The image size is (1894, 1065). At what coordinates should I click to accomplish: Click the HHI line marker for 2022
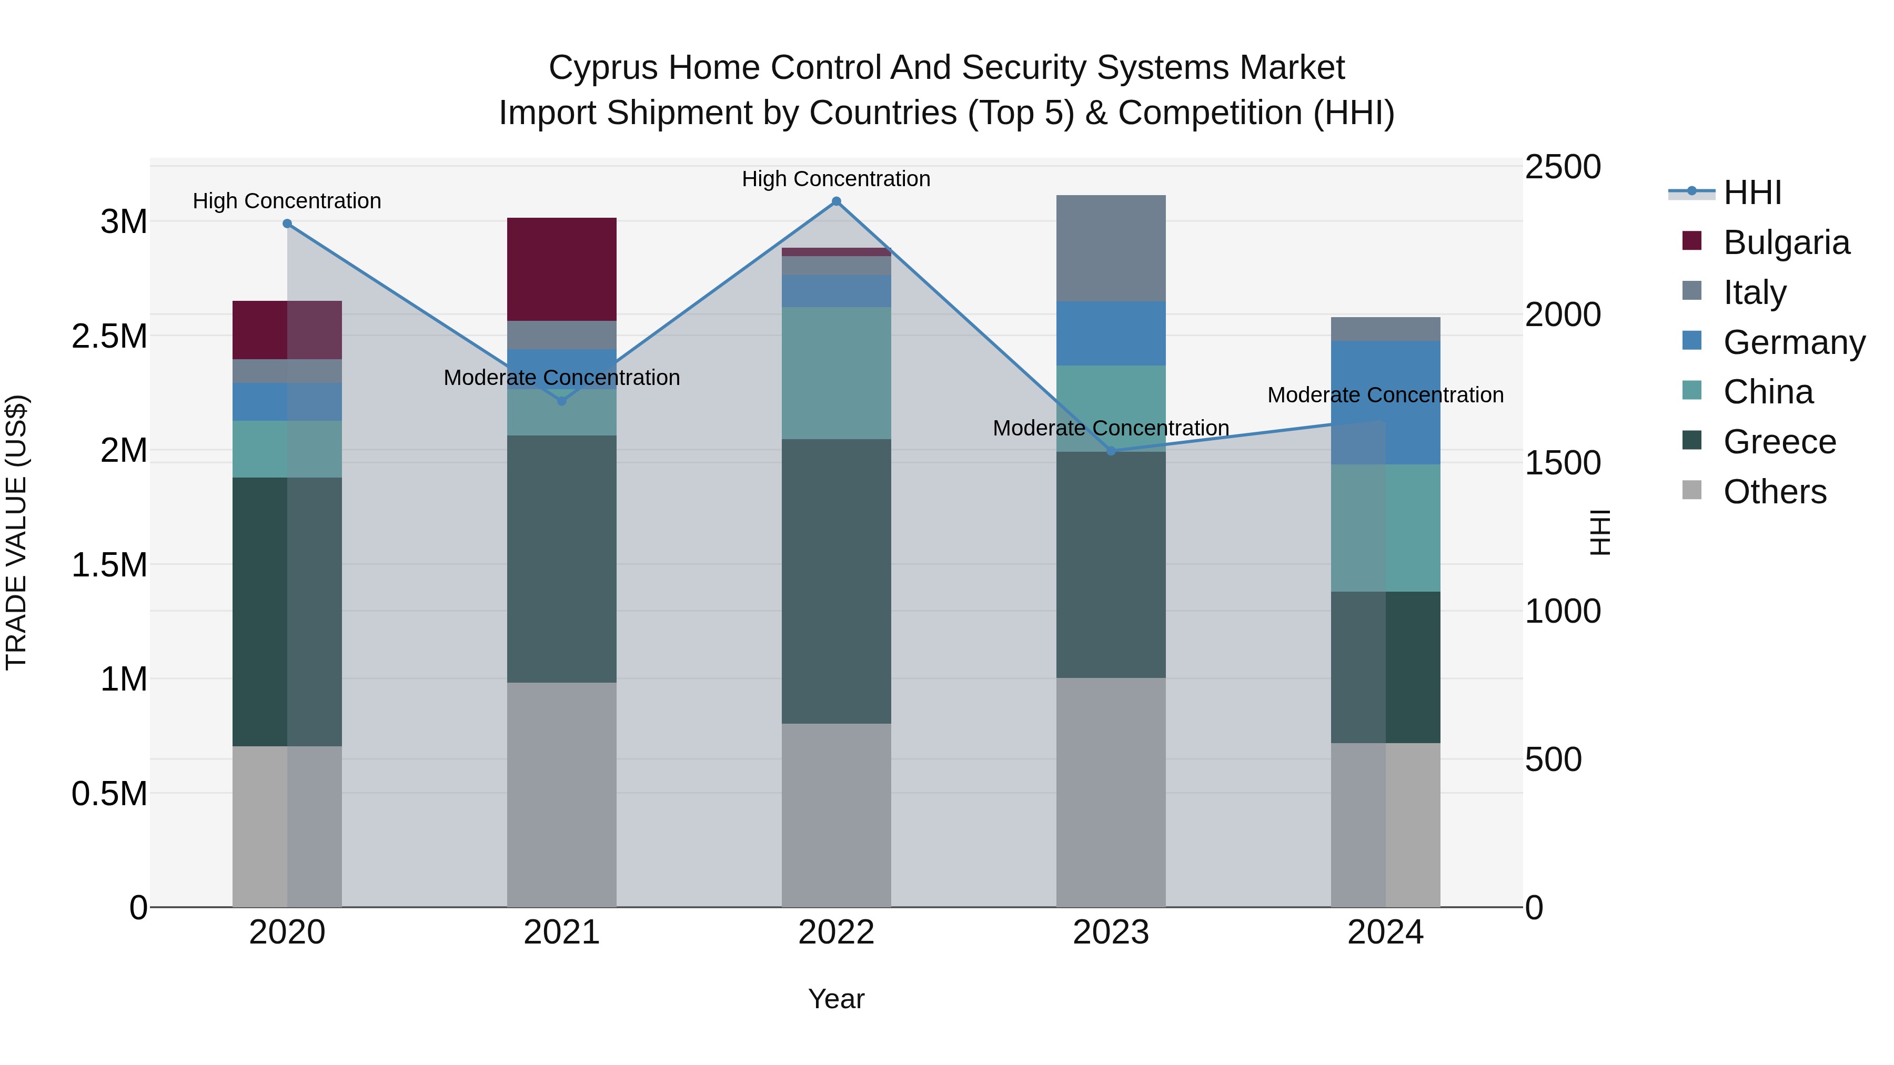coord(836,201)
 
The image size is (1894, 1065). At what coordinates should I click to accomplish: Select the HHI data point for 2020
coord(287,224)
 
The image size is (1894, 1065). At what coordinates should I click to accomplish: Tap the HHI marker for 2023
coord(1111,451)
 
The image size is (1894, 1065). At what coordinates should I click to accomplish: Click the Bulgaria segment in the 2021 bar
coord(562,269)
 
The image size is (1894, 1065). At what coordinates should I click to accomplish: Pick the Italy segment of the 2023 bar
coord(1111,248)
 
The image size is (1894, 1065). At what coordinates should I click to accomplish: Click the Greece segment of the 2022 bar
coord(836,581)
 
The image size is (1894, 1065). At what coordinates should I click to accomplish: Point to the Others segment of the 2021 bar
coord(562,794)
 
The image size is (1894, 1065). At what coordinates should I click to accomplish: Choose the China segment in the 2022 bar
coord(836,373)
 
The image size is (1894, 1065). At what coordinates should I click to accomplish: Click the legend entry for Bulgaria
coord(1786,242)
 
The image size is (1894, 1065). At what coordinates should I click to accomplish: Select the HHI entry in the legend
coord(1752,192)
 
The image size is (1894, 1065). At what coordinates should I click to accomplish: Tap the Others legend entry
coord(1774,492)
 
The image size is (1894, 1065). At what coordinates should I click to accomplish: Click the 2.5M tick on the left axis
coord(109,337)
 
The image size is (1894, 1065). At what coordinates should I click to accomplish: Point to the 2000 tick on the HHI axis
coord(1563,315)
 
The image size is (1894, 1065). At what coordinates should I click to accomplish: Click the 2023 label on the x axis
coord(1111,932)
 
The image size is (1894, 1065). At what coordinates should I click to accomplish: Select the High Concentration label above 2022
coord(836,179)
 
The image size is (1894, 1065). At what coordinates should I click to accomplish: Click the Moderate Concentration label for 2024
coord(1385,394)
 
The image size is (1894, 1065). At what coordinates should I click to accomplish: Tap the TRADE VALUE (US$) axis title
coord(16,532)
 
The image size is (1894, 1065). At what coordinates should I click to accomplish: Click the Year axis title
coord(836,999)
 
